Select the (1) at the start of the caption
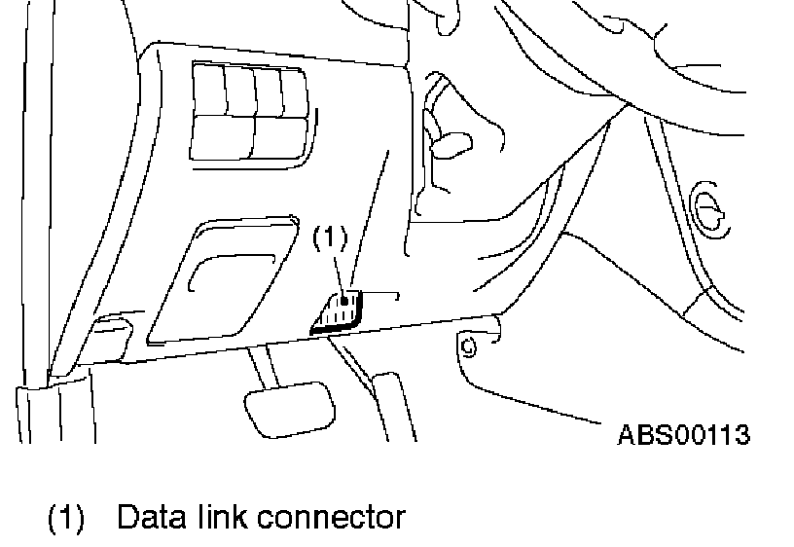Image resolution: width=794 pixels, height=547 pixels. [x=66, y=517]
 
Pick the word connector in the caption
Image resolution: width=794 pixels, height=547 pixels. [x=330, y=517]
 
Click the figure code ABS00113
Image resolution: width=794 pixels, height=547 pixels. [x=684, y=434]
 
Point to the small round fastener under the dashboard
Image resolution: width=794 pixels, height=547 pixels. [x=468, y=344]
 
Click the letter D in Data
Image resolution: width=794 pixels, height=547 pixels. [x=126, y=517]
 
